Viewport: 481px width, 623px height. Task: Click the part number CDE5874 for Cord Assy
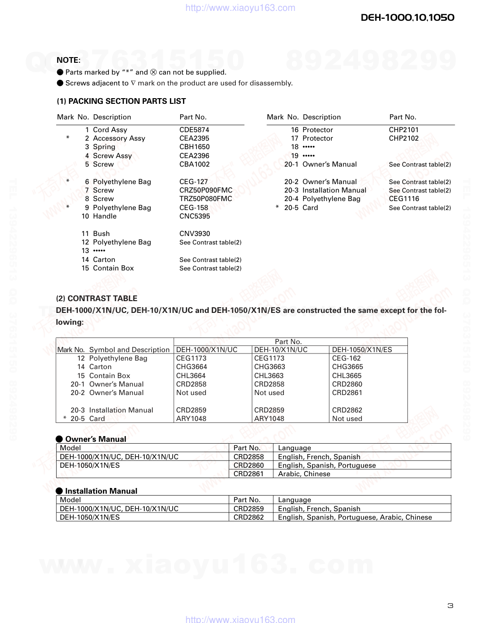coord(194,130)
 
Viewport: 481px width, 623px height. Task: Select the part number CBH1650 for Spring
coord(194,147)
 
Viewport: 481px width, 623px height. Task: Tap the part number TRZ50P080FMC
coord(206,199)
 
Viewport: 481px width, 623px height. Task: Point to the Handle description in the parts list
coord(105,216)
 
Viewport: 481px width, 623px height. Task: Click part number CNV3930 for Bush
coord(195,234)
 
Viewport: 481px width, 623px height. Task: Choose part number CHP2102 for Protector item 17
coord(404,138)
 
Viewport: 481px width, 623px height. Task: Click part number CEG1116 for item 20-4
coord(404,199)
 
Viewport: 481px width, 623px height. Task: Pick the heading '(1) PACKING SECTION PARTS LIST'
coord(121,101)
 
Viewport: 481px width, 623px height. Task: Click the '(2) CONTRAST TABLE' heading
coord(97,298)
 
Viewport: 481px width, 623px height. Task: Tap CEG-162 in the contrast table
coord(347,358)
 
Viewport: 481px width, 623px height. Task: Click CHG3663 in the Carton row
coord(269,367)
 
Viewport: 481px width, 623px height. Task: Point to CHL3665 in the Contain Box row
coord(347,376)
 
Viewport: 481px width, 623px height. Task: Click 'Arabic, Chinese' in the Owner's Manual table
coord(304,474)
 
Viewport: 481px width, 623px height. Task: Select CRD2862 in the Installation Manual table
coord(249,517)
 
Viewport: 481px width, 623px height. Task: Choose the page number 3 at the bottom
coord(450,606)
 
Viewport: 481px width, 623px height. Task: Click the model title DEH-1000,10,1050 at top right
coord(407,17)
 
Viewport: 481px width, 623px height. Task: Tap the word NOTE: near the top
coord(68,60)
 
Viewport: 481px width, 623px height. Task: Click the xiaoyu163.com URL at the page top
coord(240,8)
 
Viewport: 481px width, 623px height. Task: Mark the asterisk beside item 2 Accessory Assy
coord(68,138)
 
